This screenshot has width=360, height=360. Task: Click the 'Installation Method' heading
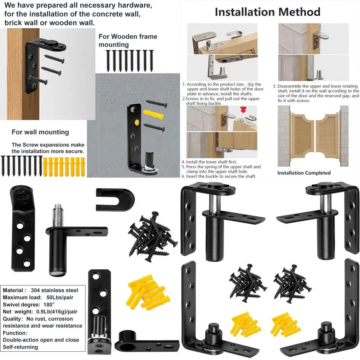(x=267, y=12)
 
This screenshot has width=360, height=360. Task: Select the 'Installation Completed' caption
(x=304, y=173)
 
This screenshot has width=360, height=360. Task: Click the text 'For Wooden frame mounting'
(x=128, y=40)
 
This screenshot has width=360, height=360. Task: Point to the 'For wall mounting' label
(x=40, y=132)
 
